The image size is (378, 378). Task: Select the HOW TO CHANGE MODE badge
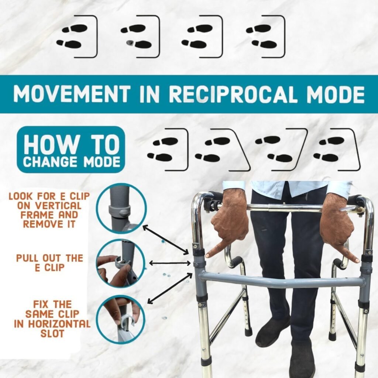(x=71, y=150)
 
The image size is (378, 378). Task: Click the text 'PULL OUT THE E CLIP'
(x=50, y=263)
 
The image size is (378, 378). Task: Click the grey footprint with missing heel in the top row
(x=130, y=43)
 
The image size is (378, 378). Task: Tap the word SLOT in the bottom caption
(x=52, y=334)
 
